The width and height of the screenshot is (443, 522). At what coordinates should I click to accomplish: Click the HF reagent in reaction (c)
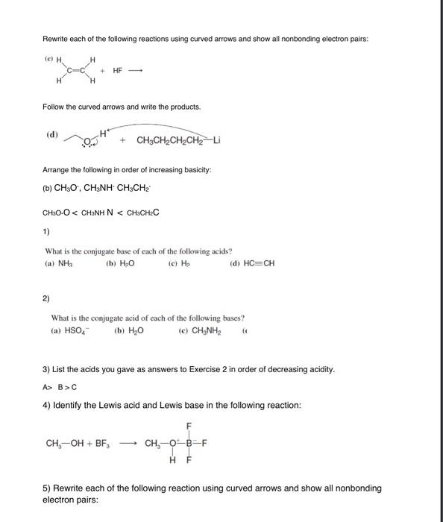tap(118, 71)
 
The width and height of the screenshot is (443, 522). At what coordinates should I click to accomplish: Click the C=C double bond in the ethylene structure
tap(74, 72)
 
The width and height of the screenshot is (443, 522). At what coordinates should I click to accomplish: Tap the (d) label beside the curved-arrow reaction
tap(51, 134)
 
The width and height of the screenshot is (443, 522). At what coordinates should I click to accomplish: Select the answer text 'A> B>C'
tap(63, 386)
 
